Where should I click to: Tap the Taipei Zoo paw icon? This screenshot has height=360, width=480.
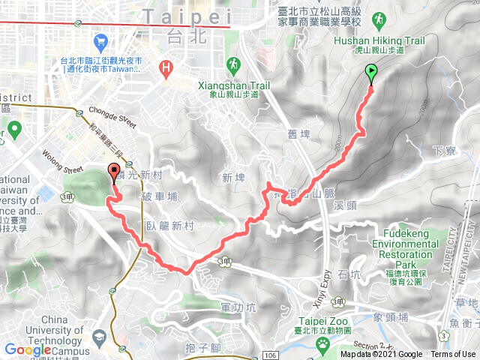click(x=323, y=343)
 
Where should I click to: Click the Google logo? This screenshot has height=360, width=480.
click(x=27, y=349)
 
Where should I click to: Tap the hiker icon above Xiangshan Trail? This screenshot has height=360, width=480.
click(x=233, y=63)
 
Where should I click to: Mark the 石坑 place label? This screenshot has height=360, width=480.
click(x=349, y=275)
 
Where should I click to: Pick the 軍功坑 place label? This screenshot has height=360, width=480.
click(x=239, y=307)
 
